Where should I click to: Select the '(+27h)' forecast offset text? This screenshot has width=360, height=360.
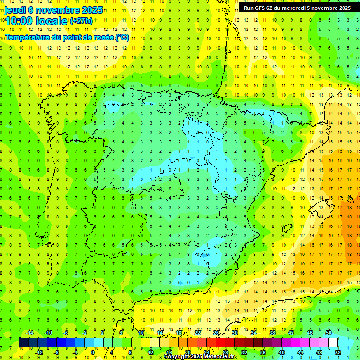coord(81,21)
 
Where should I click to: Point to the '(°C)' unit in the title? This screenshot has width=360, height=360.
coord(122,37)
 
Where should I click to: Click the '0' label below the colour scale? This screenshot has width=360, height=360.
coord(93,352)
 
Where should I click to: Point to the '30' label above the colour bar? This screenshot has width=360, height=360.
coord(234,333)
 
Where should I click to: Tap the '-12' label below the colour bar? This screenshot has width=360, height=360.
coord(39,352)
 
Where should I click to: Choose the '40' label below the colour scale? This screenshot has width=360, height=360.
coord(281,352)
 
